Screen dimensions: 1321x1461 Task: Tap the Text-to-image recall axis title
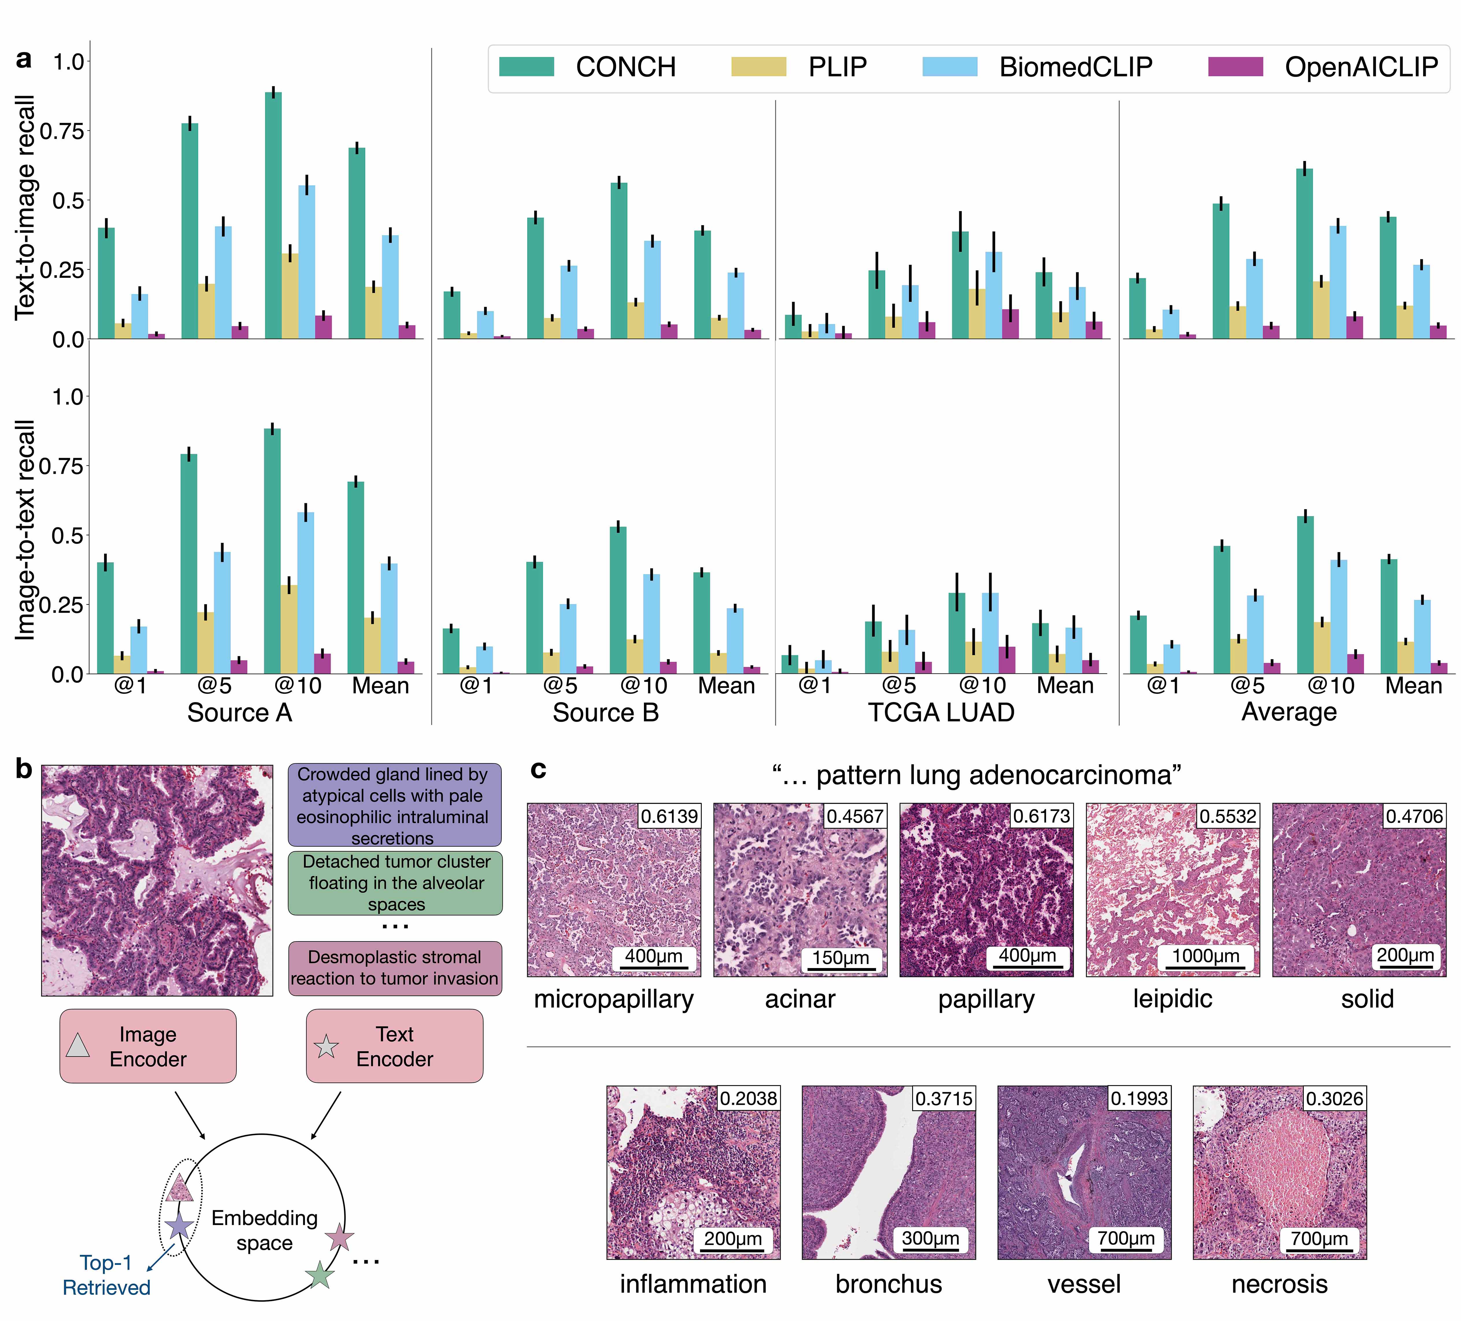click(x=25, y=206)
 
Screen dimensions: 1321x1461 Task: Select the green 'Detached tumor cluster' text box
click(x=395, y=882)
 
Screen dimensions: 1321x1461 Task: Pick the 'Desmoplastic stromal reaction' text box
click(x=395, y=968)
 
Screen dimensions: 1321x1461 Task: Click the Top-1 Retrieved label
click(x=107, y=1275)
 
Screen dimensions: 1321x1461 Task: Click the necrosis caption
click(x=1279, y=1284)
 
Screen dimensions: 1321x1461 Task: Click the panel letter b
click(x=24, y=769)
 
